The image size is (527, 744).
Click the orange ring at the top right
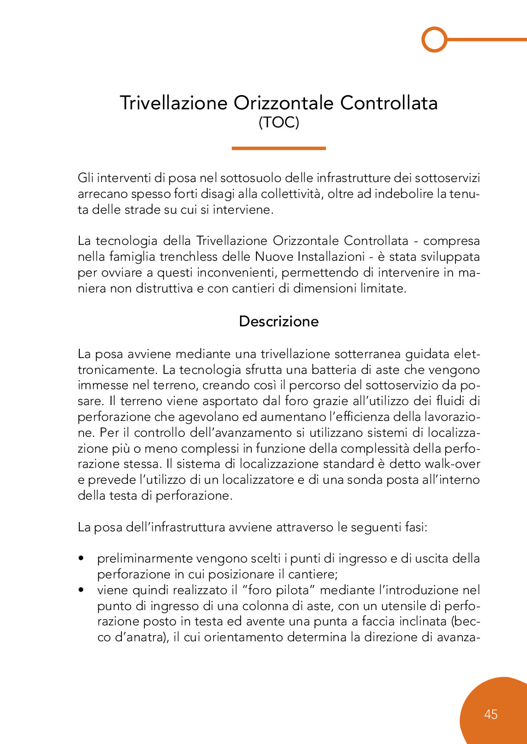pyautogui.click(x=435, y=39)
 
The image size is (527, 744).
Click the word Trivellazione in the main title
pyautogui.click(x=173, y=103)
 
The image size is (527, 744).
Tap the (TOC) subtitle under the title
pyautogui.click(x=279, y=122)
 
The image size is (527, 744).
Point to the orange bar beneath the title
pyautogui.click(x=279, y=148)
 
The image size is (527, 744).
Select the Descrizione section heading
pyautogui.click(x=279, y=321)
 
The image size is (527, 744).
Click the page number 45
pyautogui.click(x=491, y=714)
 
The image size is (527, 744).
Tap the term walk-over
pyautogui.click(x=458, y=464)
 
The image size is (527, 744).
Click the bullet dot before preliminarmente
pyautogui.click(x=81, y=559)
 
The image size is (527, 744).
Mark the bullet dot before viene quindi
pyautogui.click(x=81, y=590)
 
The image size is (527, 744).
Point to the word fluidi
pyautogui.click(x=448, y=401)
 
